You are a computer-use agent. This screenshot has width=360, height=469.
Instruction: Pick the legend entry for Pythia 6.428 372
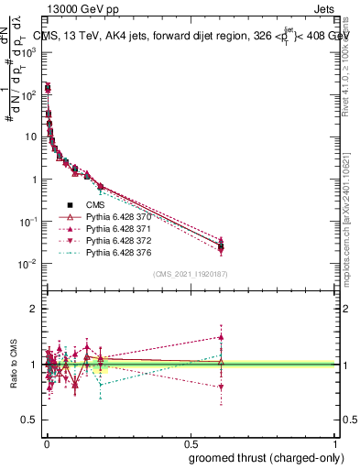click(x=123, y=240)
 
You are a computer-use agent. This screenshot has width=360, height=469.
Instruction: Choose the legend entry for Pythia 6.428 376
click(x=123, y=252)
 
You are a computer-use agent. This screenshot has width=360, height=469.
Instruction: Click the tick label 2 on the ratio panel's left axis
click(x=35, y=309)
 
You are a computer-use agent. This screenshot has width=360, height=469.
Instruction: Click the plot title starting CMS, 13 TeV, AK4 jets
click(x=192, y=37)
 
